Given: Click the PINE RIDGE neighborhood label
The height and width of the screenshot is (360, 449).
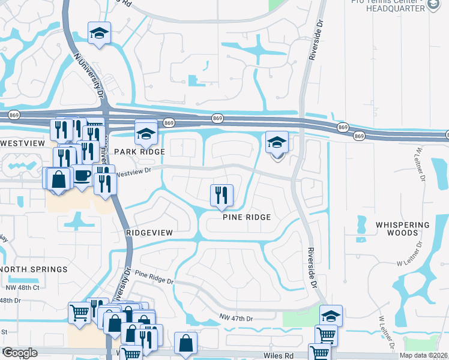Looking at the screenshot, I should point(247,217).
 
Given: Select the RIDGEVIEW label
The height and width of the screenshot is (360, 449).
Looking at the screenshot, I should point(149,232).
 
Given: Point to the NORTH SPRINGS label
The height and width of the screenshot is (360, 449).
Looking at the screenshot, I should point(34,269).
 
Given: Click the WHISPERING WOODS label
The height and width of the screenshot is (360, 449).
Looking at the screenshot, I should point(403,229).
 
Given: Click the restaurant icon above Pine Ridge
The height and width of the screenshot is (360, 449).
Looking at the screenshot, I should point(221,194).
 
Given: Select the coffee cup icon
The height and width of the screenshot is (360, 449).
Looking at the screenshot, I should point(82,176).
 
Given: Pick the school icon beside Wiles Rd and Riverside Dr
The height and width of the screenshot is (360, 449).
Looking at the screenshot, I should point(331,315).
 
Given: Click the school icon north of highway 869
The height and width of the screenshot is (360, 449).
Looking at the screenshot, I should point(100,33).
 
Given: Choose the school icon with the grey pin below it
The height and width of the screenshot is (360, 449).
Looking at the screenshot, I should point(277,142).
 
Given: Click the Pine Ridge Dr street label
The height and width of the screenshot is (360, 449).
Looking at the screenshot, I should point(154,277).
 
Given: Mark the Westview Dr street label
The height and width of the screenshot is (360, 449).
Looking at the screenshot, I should point(134,172).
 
